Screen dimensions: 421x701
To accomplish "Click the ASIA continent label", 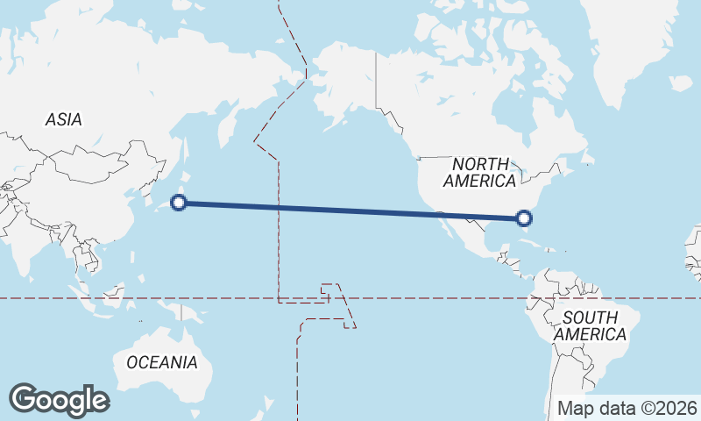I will click(x=64, y=119).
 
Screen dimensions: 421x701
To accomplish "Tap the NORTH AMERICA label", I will click(x=479, y=173).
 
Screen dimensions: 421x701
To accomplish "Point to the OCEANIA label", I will click(x=162, y=362).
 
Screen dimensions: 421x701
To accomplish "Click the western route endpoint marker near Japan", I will click(x=179, y=203).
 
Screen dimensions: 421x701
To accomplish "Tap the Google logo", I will click(x=59, y=400).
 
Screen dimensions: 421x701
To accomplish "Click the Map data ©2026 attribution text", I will click(x=627, y=408).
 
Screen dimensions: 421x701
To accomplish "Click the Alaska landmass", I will click(x=342, y=79).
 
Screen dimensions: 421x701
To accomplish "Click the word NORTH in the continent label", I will click(x=480, y=164).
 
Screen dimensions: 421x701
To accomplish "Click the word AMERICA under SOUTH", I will click(x=595, y=334).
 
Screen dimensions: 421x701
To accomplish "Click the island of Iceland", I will click(x=680, y=84).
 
